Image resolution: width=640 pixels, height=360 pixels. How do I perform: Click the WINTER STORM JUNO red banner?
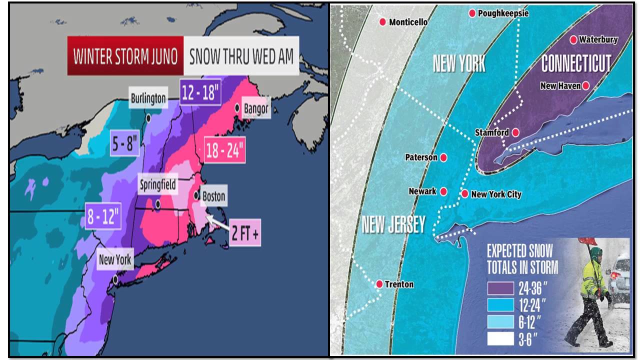pos(125,55)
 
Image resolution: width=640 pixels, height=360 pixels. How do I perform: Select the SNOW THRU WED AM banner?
pos(241,55)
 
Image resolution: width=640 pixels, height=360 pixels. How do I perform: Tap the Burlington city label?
pos(148,98)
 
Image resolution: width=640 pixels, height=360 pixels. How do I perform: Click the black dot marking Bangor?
pos(237,107)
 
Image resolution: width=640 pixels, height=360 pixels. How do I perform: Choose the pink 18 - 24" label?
pos(224,149)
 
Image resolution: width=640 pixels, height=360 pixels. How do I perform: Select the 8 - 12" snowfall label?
pos(103,216)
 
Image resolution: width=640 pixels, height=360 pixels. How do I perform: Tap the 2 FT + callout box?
pos(245,232)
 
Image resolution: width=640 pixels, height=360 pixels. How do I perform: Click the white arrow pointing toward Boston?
pos(216,221)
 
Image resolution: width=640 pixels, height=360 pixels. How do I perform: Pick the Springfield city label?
pos(157,185)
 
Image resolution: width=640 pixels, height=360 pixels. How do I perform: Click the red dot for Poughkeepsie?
pos(472,13)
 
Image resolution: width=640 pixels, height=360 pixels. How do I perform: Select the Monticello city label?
pos(408,22)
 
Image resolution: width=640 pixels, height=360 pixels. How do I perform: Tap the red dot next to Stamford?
pos(515,132)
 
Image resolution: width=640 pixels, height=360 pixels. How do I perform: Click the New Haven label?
pos(560,86)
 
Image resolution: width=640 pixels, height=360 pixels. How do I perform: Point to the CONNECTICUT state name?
pos(576,63)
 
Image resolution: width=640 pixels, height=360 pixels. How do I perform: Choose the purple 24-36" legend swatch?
pos(500,288)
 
